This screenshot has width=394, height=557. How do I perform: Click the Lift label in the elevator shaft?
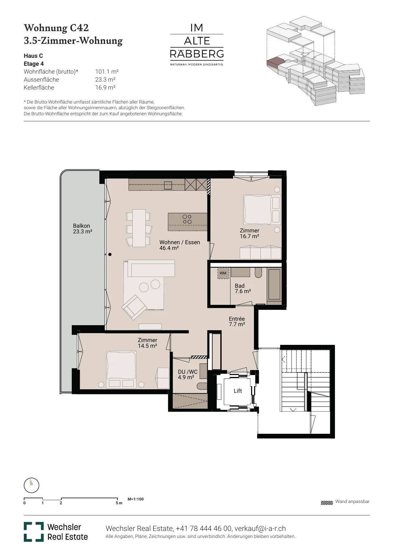click(x=238, y=391)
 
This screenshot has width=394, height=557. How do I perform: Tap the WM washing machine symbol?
click(x=223, y=273)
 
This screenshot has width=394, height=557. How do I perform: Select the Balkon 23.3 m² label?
click(x=83, y=229)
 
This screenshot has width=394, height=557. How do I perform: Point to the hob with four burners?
click(x=187, y=219)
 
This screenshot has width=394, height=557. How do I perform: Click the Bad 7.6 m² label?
click(x=243, y=288)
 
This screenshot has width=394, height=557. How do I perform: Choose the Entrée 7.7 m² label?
click(x=237, y=321)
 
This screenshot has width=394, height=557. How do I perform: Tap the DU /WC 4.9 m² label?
click(x=188, y=374)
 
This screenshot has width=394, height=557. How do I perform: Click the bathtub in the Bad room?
click(x=275, y=284)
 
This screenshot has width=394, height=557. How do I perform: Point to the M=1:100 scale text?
click(x=136, y=499)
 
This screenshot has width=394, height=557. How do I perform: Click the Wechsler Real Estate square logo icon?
click(x=34, y=532)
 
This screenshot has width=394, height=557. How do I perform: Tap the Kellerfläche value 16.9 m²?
click(x=105, y=88)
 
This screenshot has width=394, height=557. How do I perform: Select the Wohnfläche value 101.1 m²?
click(x=107, y=72)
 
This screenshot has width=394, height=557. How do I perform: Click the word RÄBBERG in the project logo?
click(x=197, y=54)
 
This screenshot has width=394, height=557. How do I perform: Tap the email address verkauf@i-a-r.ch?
click(x=260, y=529)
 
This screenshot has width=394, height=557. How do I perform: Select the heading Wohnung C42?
click(x=56, y=28)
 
